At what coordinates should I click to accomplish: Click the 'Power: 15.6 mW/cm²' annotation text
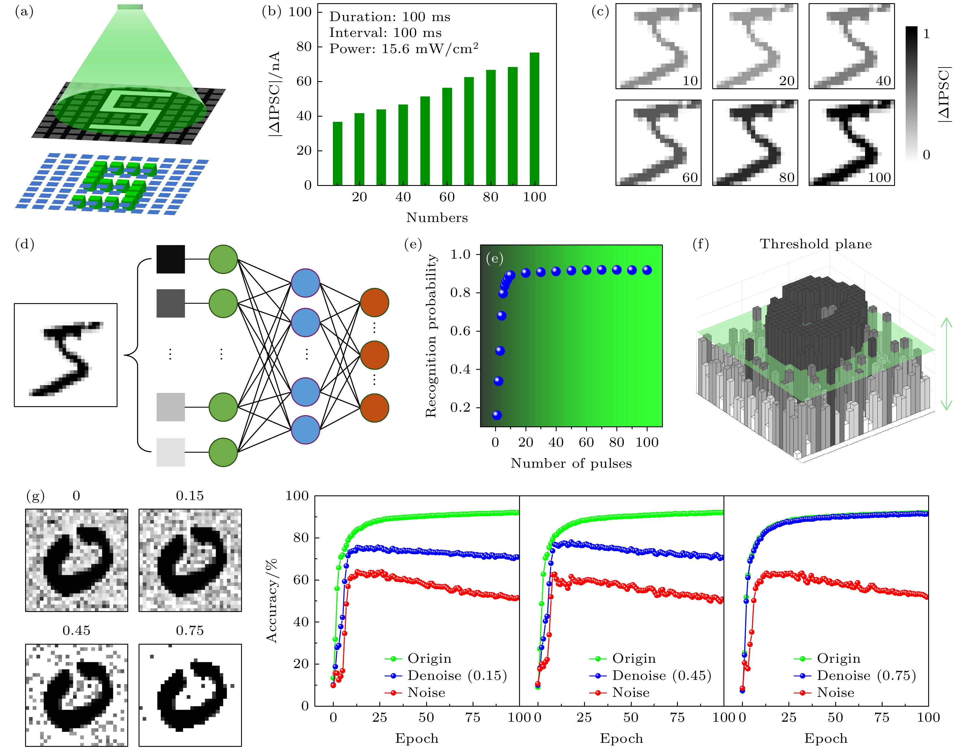403,49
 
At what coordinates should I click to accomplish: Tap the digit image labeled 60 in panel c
658,142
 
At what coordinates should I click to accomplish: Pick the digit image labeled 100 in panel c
851,142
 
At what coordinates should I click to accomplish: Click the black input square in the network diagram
171,259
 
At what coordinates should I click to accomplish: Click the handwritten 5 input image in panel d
66,355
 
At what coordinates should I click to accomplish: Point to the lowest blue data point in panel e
497,415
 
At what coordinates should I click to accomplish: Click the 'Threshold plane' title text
816,244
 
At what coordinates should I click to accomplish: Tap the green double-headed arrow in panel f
946,363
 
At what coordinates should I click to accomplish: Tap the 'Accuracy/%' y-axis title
272,600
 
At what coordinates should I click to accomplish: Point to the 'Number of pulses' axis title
571,463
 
